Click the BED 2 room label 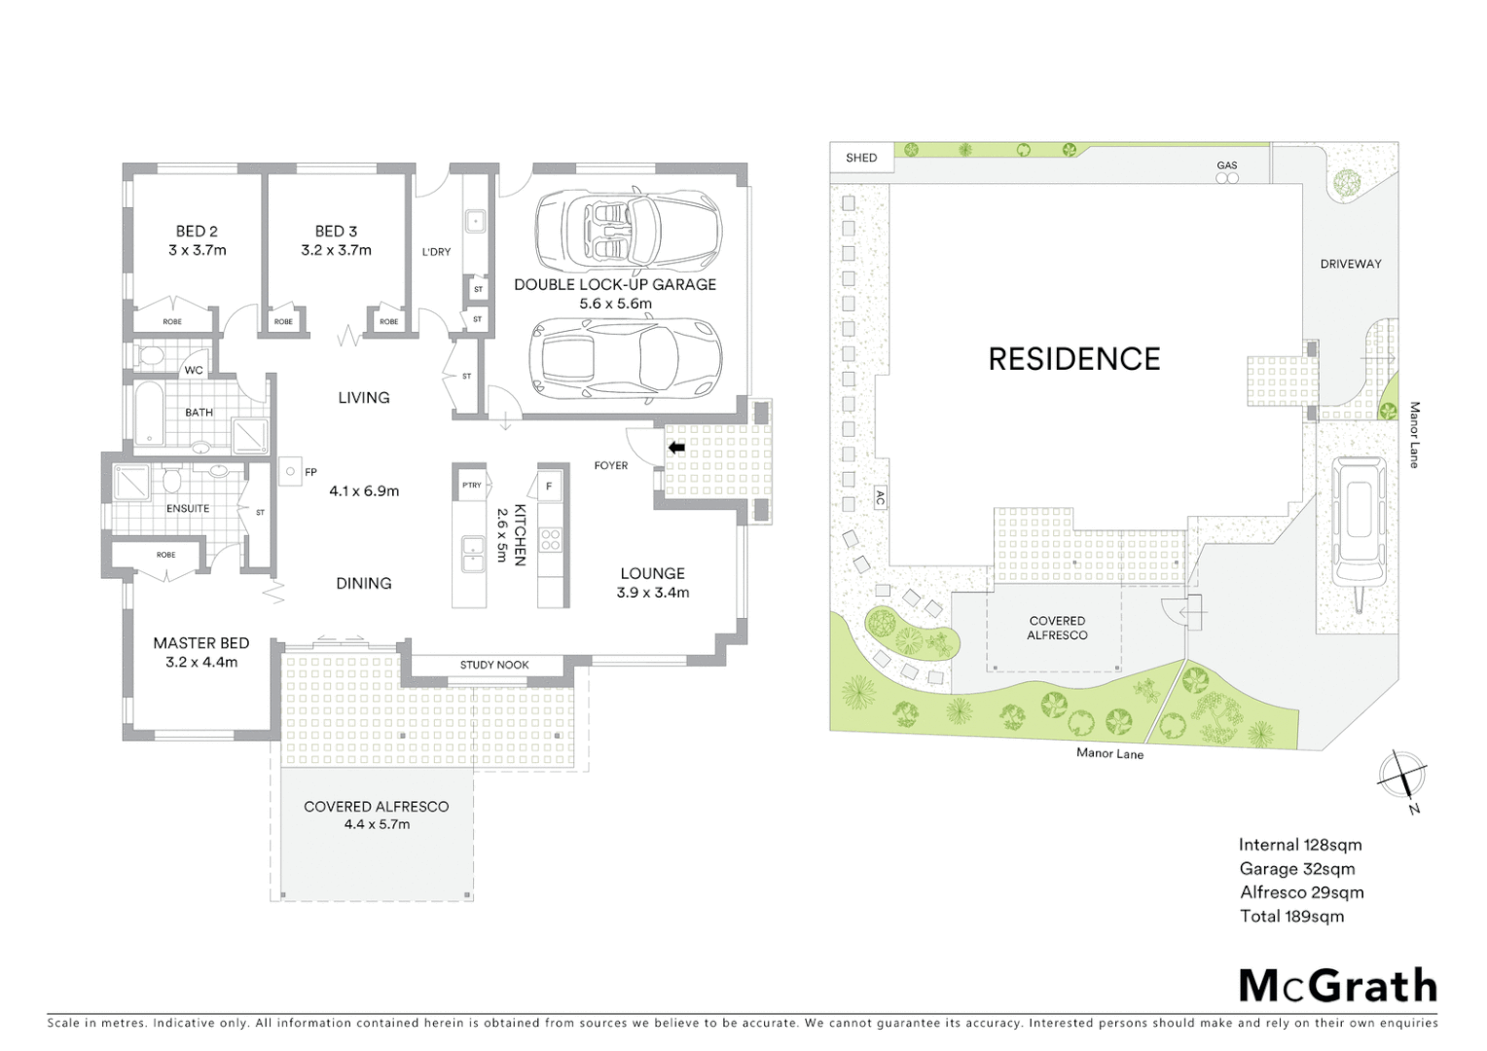197,232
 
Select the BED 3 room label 336,232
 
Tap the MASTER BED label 200,643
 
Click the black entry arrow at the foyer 676,448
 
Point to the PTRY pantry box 472,486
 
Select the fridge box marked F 549,486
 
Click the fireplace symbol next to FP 290,472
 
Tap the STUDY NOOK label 494,666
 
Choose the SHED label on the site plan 861,158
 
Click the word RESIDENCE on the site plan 1074,360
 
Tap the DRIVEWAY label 1351,264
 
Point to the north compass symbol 1402,776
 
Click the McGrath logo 1338,986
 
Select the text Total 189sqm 1291,916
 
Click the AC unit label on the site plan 880,498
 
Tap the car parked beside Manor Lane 1359,524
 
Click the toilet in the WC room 152,358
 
